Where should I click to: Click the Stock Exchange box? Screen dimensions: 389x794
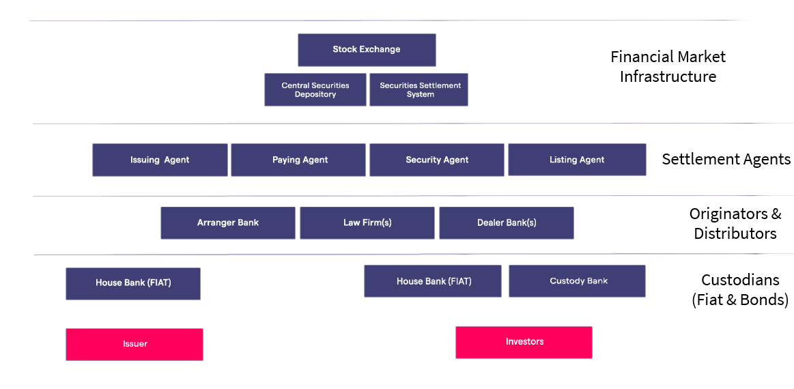(x=367, y=50)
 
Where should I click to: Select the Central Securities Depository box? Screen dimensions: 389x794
(x=315, y=89)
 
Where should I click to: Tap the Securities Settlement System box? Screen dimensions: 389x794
(x=419, y=89)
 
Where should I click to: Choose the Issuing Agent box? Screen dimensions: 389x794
(x=160, y=160)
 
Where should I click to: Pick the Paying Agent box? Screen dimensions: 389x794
(x=299, y=160)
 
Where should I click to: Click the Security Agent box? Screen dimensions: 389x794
(x=437, y=160)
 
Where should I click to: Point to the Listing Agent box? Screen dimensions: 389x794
(x=577, y=160)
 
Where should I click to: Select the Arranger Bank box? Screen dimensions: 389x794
(x=228, y=222)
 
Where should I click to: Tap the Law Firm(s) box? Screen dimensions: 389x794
(x=367, y=222)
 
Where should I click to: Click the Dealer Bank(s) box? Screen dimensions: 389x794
(x=507, y=222)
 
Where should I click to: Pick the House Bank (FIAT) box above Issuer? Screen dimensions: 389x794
(x=133, y=283)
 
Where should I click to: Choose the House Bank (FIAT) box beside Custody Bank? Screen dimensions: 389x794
(x=433, y=281)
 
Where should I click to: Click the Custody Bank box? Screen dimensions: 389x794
(x=578, y=281)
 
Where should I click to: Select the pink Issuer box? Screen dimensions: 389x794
(x=134, y=344)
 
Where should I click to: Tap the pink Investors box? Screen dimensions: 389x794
(x=524, y=342)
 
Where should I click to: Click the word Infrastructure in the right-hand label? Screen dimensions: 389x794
(x=668, y=76)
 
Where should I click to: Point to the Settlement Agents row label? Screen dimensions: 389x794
(x=726, y=160)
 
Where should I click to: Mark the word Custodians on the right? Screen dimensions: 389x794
(x=740, y=280)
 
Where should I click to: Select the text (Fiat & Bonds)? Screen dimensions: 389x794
(x=740, y=300)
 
